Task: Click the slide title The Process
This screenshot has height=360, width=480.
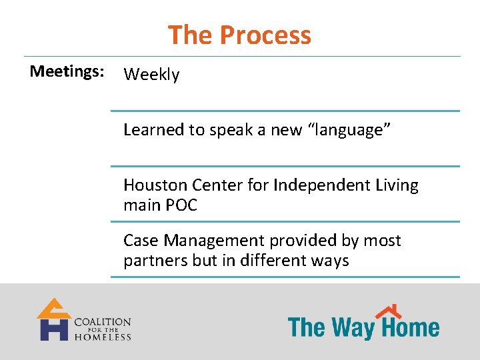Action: [239, 35]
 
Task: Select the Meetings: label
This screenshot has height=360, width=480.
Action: [67, 71]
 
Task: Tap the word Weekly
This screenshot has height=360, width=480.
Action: [151, 75]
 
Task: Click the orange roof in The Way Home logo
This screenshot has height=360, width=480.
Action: [389, 311]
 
